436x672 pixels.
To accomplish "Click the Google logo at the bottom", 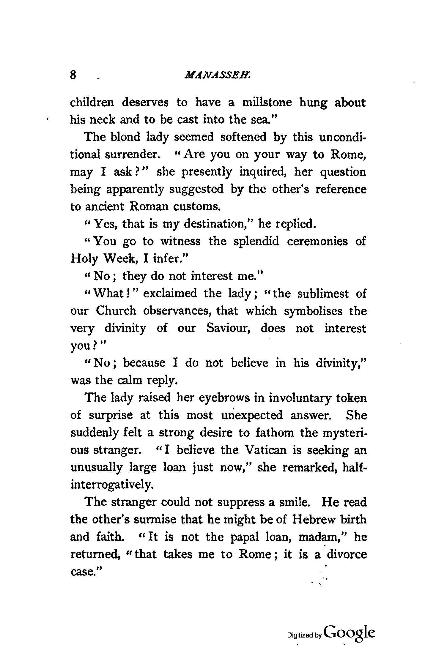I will click(x=350, y=633).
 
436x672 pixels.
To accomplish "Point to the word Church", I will click(x=116, y=311).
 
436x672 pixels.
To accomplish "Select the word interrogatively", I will click(x=112, y=485).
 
